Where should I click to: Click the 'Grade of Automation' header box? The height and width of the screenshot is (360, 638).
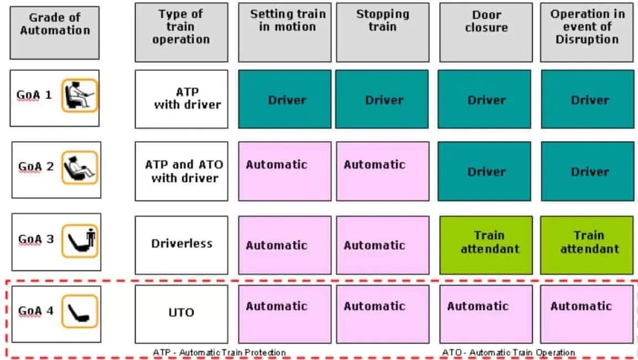tap(54, 32)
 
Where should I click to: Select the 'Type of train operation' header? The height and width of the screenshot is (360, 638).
tap(181, 32)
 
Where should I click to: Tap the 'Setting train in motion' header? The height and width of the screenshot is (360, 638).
tap(285, 32)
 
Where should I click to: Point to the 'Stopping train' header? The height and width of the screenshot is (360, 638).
tap(383, 32)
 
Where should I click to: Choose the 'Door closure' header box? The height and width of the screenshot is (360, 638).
tap(486, 32)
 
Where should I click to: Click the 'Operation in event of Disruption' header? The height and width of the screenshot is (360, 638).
tap(587, 32)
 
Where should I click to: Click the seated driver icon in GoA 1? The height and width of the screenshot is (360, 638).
tap(80, 95)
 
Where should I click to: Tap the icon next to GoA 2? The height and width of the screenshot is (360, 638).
tap(80, 167)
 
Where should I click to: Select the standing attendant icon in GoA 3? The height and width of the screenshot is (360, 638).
tap(80, 240)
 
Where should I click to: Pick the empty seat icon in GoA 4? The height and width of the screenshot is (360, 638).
tap(80, 311)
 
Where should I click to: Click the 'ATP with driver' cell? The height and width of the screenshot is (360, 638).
tap(181, 99)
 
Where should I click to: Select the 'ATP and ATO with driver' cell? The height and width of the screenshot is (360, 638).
tap(181, 171)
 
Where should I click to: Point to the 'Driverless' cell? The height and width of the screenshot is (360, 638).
tap(181, 244)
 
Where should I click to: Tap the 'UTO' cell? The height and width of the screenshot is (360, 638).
tap(181, 313)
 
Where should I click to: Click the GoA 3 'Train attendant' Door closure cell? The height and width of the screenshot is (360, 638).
tap(486, 244)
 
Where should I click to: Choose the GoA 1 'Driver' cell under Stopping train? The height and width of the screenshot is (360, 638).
tap(383, 100)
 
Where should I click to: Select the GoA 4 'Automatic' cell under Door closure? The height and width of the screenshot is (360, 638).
tap(486, 313)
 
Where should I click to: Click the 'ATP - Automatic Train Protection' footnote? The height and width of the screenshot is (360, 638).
tap(219, 352)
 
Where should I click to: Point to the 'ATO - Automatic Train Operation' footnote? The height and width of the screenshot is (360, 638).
tap(508, 352)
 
